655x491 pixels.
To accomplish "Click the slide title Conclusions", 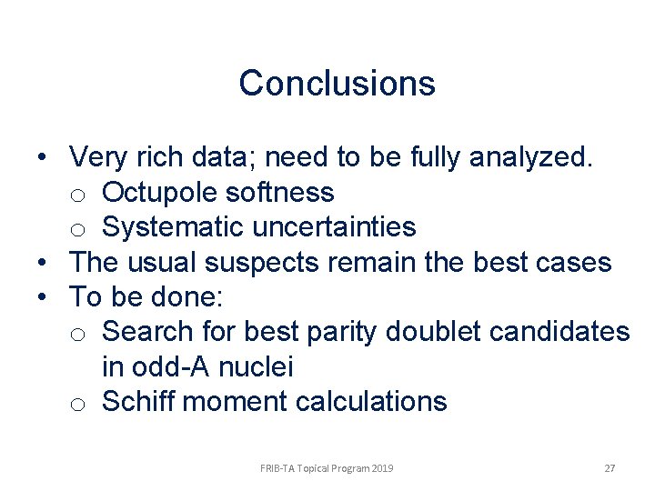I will click(337, 84).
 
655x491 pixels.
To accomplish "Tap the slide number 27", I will click(610, 468).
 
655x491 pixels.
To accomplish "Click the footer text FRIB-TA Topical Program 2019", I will click(327, 468).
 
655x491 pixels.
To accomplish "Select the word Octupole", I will click(159, 193).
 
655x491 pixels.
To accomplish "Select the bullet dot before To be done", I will click(43, 297).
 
